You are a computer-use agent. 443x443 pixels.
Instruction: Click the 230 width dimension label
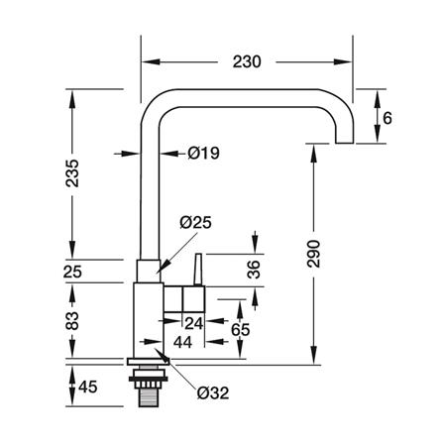tap(247, 61)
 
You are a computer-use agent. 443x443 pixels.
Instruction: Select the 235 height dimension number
tap(72, 173)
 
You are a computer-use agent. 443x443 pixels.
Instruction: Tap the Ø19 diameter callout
tap(204, 153)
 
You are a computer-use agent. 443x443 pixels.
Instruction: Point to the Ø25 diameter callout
tap(195, 223)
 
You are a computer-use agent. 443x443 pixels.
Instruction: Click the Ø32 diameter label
tap(213, 392)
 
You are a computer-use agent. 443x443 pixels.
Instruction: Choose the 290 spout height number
tap(313, 254)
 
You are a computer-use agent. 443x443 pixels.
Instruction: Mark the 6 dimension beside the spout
tap(388, 118)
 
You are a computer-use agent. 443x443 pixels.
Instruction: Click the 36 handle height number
tap(254, 270)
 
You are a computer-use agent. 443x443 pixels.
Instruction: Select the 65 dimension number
tap(240, 330)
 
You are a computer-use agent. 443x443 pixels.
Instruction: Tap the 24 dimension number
tap(193, 323)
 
